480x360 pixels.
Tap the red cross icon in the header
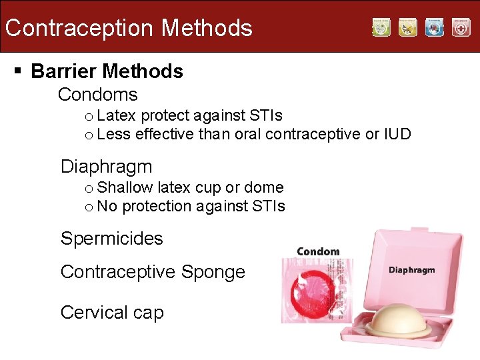tap(461, 27)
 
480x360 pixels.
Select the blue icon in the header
tap(434, 27)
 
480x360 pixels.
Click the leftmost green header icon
tap(381, 27)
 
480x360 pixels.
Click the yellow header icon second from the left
tap(407, 27)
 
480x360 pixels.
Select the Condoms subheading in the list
tap(97, 95)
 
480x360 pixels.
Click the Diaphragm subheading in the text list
tap(106, 167)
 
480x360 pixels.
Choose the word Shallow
tap(125, 188)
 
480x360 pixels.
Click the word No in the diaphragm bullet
tap(107, 207)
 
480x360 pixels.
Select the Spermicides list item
tap(111, 239)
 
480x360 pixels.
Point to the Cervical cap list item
tap(111, 313)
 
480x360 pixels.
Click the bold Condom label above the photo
tap(318, 251)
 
